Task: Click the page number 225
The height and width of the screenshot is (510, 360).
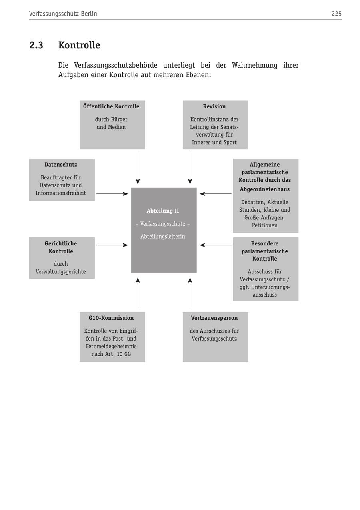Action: click(x=336, y=14)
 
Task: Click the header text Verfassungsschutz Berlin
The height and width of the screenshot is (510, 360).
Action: click(x=63, y=14)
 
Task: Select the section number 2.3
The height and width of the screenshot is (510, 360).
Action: click(x=36, y=45)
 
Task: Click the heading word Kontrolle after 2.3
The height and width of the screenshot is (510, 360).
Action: click(x=79, y=45)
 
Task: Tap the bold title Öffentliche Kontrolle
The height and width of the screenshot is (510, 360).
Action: click(x=111, y=106)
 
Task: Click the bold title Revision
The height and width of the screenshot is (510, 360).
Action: click(x=214, y=106)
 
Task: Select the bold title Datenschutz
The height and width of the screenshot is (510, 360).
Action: click(x=61, y=165)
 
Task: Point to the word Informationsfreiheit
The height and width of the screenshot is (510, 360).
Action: click(x=61, y=193)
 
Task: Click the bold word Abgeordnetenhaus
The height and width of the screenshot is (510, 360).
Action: click(x=265, y=189)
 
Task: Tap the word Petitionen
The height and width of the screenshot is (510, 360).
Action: click(x=265, y=225)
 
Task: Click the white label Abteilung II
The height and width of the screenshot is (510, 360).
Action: click(x=163, y=211)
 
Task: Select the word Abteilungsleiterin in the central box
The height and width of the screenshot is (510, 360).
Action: click(x=163, y=237)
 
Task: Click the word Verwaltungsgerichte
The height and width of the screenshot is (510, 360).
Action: click(x=61, y=272)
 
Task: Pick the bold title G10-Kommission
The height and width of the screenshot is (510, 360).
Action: click(x=111, y=318)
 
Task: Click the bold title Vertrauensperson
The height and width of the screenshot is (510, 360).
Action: click(x=214, y=318)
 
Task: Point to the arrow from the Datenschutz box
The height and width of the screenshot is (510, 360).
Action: click(x=112, y=194)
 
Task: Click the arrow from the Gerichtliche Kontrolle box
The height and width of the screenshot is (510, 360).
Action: click(x=112, y=245)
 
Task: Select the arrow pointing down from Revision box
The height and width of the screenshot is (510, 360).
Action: click(x=190, y=168)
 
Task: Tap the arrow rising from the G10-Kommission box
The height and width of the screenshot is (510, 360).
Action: click(x=138, y=293)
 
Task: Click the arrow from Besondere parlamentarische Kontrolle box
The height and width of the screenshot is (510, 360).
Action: click(x=216, y=245)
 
